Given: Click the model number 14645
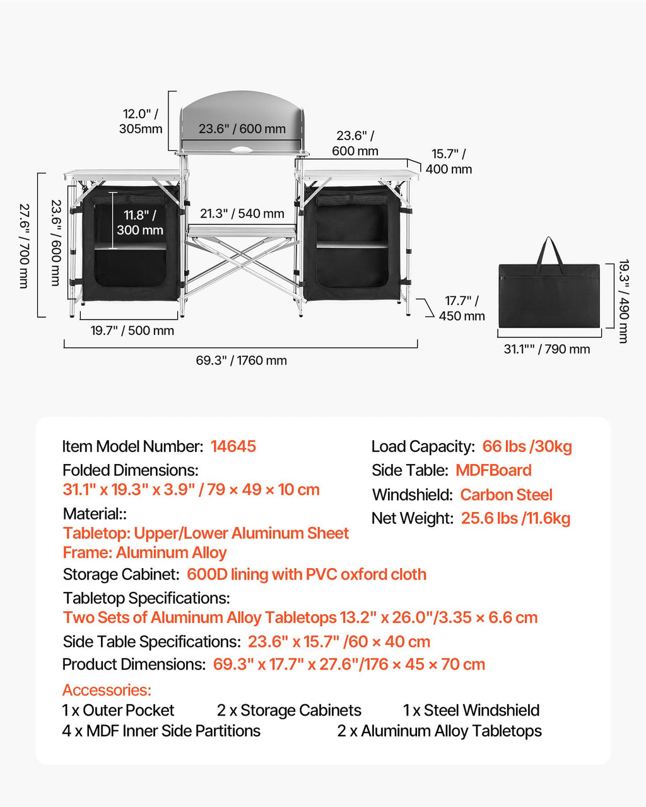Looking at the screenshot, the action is point(233,446).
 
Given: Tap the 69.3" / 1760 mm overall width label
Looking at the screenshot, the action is point(242,361).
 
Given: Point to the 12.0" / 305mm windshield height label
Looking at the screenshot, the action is point(141,121).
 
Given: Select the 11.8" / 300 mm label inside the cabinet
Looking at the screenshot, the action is point(140,223).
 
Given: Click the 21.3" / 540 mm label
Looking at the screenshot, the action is point(242,213).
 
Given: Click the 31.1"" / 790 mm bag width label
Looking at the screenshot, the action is point(547,349).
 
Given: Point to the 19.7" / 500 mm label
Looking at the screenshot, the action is point(132,330).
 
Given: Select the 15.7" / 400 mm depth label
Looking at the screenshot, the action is point(449,161).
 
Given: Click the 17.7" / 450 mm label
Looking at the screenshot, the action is point(462,308).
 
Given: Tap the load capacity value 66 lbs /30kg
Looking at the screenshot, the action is point(527,446).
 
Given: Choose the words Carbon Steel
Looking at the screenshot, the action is point(507,495).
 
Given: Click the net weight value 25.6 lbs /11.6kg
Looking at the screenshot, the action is point(516,518).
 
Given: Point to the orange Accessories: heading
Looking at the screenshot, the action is point(107,690).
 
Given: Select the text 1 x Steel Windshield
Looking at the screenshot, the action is point(471,711).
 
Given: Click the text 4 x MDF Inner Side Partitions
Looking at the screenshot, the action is point(161,731).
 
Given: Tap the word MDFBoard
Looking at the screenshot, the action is point(493,470).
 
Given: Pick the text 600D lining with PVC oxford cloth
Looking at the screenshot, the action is point(307,574).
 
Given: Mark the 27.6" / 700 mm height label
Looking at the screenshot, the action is point(24,246).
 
